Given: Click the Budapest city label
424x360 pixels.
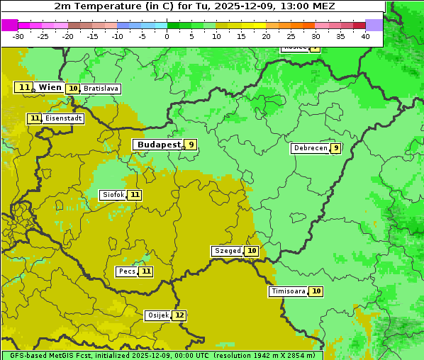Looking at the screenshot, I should pyautogui.click(x=159, y=145).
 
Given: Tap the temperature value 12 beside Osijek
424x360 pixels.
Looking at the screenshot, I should pyautogui.click(x=179, y=315).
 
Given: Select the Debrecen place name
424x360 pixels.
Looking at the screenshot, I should pyautogui.click(x=310, y=148).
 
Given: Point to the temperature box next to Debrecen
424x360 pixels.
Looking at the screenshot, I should pyautogui.click(x=335, y=148).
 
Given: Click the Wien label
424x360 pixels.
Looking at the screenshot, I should pyautogui.click(x=50, y=87).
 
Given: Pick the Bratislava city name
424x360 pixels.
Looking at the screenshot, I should pyautogui.click(x=100, y=89).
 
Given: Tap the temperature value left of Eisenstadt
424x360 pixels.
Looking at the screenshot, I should pyautogui.click(x=35, y=118).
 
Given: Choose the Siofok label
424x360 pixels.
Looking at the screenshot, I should pyautogui.click(x=113, y=195).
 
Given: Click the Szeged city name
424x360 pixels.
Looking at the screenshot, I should pyautogui.click(x=228, y=251).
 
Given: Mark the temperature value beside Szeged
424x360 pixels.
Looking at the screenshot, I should pyautogui.click(x=252, y=251).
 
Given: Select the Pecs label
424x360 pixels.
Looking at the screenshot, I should pyautogui.click(x=127, y=271).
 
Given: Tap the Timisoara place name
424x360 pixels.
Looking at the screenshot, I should pyautogui.click(x=289, y=291).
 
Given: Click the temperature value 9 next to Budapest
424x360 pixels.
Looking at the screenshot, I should pyautogui.click(x=190, y=145).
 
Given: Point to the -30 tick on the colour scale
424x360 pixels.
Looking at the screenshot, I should pyautogui.click(x=18, y=36).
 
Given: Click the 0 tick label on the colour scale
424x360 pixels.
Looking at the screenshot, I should pyautogui.click(x=167, y=36).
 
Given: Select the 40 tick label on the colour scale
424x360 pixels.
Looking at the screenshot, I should pyautogui.click(x=365, y=36).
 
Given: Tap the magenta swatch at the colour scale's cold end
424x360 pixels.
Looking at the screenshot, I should pyautogui.click(x=9, y=25).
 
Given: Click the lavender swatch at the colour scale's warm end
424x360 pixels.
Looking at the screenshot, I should pyautogui.click(x=374, y=25).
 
